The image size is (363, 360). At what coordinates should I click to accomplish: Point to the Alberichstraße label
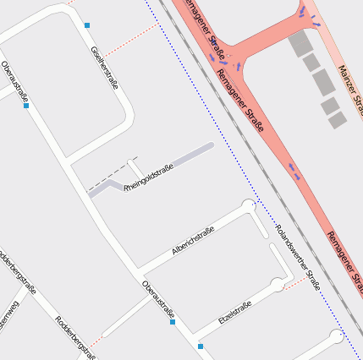pyautogui.click(x=192, y=242)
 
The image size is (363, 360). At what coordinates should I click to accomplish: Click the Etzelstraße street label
pyautogui.click(x=235, y=313)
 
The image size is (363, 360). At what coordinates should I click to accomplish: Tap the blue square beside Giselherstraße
pyautogui.click(x=87, y=25)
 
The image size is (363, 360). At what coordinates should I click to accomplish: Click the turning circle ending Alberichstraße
pyautogui.click(x=248, y=205)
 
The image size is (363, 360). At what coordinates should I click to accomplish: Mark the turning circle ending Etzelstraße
pyautogui.click(x=278, y=284)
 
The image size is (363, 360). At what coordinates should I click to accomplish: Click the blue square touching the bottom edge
pyautogui.click(x=201, y=346)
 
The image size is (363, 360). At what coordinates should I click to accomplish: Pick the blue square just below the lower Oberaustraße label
pyautogui.click(x=173, y=322)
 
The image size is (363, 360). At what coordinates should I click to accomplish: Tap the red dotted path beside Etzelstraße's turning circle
pyautogui.click(x=294, y=281)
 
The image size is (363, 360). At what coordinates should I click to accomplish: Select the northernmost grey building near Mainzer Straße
pyautogui.click(x=300, y=44)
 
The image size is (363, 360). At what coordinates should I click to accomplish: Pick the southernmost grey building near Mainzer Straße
pyautogui.click(x=338, y=120)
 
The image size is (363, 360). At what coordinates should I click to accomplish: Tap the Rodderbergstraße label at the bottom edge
pyautogui.click(x=74, y=335)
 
